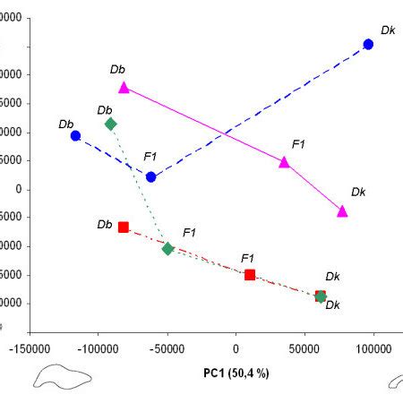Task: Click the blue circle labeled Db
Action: coord(76,136)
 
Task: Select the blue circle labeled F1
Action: coord(151,177)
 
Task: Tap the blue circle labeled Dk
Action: coord(368,45)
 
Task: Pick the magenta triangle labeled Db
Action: coord(124,88)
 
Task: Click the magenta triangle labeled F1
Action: coord(285,163)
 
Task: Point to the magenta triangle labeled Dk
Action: coord(342,211)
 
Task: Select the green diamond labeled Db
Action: coord(110,124)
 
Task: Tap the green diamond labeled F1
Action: coord(167,248)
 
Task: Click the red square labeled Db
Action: coord(124,227)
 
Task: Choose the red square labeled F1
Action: coord(250,275)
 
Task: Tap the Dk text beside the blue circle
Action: coord(388,30)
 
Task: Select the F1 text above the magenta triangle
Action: coord(299,144)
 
